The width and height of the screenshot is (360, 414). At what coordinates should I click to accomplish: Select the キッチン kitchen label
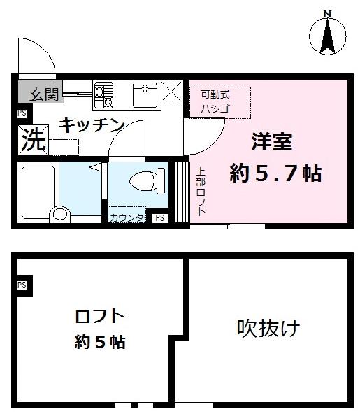tap(91, 126)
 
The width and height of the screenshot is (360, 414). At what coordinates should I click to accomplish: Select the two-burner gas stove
tap(103, 95)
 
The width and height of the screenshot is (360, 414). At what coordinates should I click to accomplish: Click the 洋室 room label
tap(272, 140)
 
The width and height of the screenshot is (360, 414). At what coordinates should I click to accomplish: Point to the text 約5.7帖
tap(276, 173)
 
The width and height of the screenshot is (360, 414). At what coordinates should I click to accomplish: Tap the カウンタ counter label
tap(126, 218)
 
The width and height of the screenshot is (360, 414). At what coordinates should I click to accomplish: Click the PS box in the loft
tap(22, 285)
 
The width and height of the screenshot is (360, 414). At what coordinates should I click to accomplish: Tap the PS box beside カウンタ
tap(160, 218)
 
